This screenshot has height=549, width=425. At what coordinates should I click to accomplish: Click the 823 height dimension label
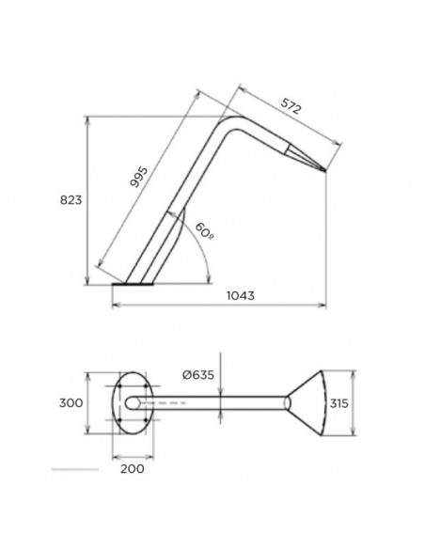click(71, 200)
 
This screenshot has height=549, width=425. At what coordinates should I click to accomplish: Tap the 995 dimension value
click(138, 177)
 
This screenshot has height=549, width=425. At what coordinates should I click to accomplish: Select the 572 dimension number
click(291, 106)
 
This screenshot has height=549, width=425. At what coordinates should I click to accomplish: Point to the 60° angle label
click(204, 231)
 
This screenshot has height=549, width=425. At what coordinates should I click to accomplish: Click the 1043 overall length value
click(241, 296)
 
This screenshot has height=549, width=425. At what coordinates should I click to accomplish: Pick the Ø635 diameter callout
click(198, 375)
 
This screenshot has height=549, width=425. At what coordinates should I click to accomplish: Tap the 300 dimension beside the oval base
click(71, 403)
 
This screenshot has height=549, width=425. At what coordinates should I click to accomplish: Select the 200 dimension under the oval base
click(133, 468)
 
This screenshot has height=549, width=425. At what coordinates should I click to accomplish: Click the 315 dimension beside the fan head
click(338, 403)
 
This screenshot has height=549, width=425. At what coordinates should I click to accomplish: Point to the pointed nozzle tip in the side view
click(325, 170)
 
